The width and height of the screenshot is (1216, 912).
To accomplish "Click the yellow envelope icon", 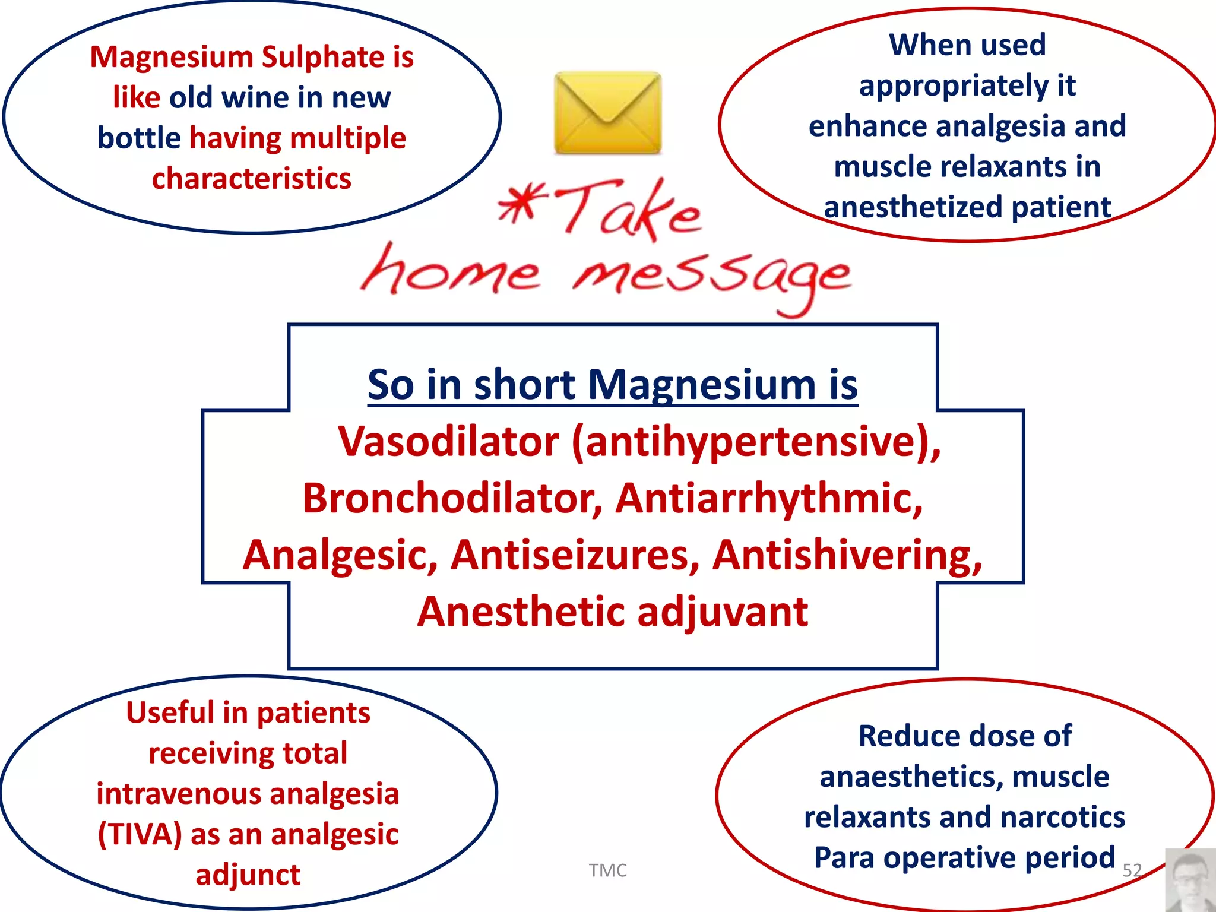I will [x=607, y=113].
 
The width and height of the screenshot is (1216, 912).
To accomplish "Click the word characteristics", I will [x=252, y=179].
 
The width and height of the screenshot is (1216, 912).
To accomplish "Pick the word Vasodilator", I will [x=448, y=442].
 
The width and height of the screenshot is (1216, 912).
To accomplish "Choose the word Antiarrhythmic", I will [x=769, y=499].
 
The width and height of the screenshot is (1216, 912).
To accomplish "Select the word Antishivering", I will [x=847, y=555].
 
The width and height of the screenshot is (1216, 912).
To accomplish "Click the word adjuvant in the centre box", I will [x=722, y=612].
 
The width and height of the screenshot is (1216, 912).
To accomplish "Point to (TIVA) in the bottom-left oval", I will [x=140, y=835].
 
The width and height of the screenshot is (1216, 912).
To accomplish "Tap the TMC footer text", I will [x=607, y=870].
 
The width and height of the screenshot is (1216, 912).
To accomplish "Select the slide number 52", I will [x=1132, y=870].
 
